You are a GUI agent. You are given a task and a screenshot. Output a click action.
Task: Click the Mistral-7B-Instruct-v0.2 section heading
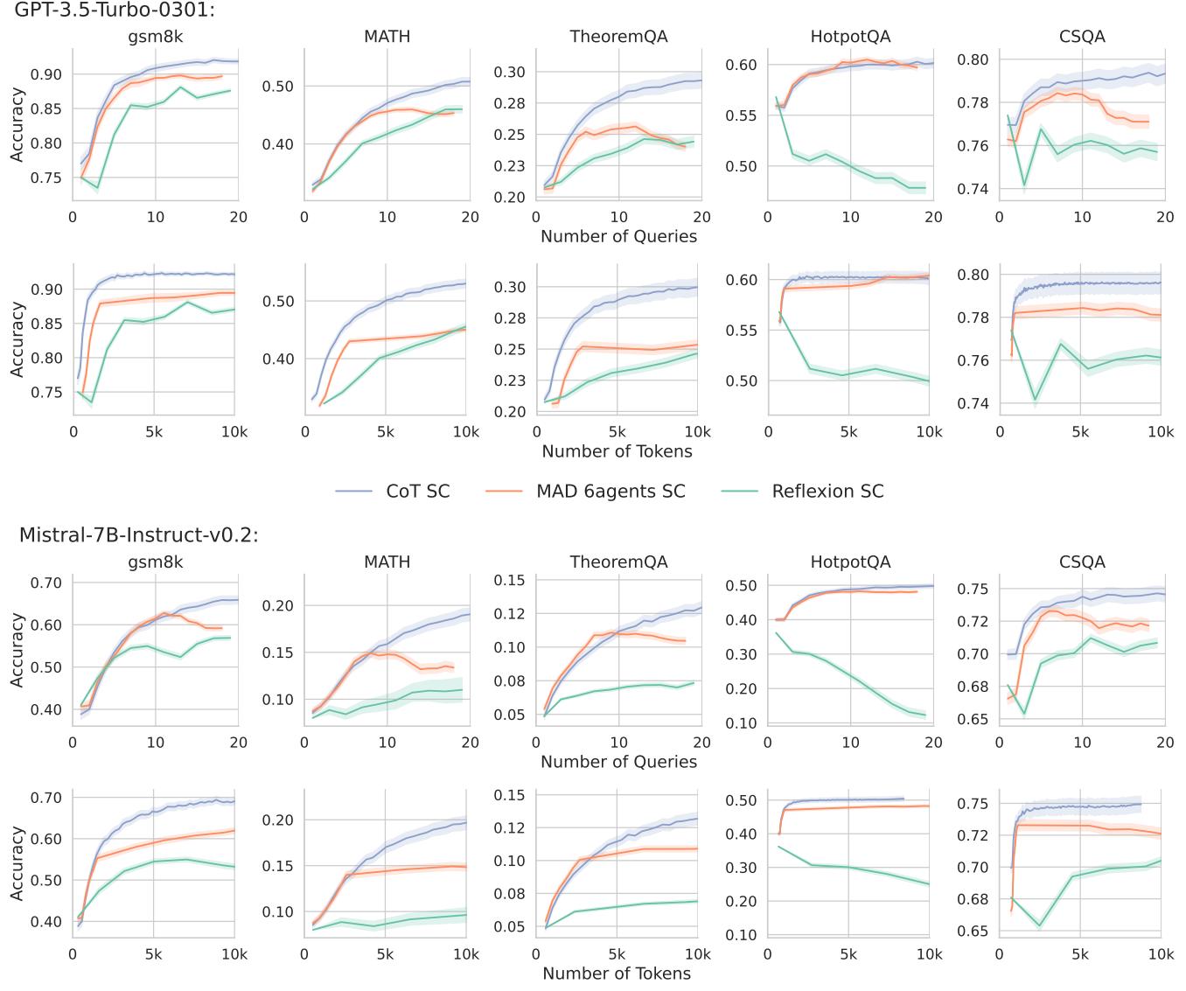[x=138, y=534]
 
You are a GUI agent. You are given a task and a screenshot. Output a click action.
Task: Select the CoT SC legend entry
[x=417, y=492]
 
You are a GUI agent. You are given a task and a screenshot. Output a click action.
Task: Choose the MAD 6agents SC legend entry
[x=610, y=492]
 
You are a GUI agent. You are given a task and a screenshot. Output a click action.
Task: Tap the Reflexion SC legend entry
[x=827, y=492]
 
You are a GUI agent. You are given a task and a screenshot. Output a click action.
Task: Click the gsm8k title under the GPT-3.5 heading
[x=155, y=37]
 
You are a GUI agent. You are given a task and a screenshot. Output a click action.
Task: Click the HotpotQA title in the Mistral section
[x=850, y=562]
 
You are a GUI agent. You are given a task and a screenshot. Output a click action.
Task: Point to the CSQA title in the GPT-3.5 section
[x=1082, y=37]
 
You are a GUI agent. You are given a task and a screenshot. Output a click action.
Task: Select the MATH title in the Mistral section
[x=387, y=562]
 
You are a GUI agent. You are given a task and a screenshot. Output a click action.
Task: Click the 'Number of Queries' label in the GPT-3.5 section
[x=618, y=236]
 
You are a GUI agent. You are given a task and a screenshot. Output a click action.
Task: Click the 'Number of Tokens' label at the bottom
[x=617, y=974]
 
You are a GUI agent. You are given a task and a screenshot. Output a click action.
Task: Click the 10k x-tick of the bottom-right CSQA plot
[x=1161, y=955]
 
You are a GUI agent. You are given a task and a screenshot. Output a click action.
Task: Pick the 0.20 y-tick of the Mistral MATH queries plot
[x=280, y=605]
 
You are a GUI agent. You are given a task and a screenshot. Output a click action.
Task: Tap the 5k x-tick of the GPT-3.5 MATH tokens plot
[x=386, y=432]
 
